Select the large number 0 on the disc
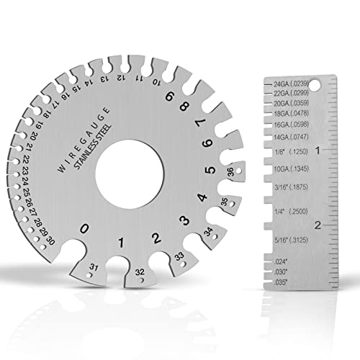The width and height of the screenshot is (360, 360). [x=86, y=229]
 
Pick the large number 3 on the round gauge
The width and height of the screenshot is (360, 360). [x=184, y=221]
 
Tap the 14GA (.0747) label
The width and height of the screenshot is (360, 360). [x=295, y=135]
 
